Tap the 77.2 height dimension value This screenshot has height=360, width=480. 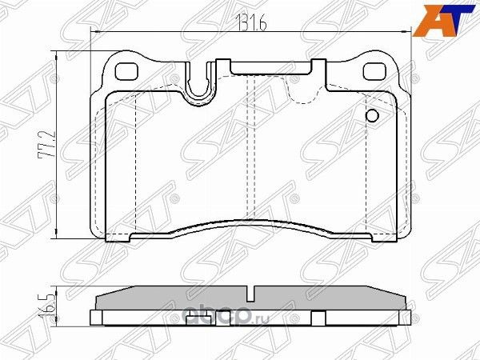click(x=49, y=145)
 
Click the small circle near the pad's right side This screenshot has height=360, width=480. click(x=371, y=117)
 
